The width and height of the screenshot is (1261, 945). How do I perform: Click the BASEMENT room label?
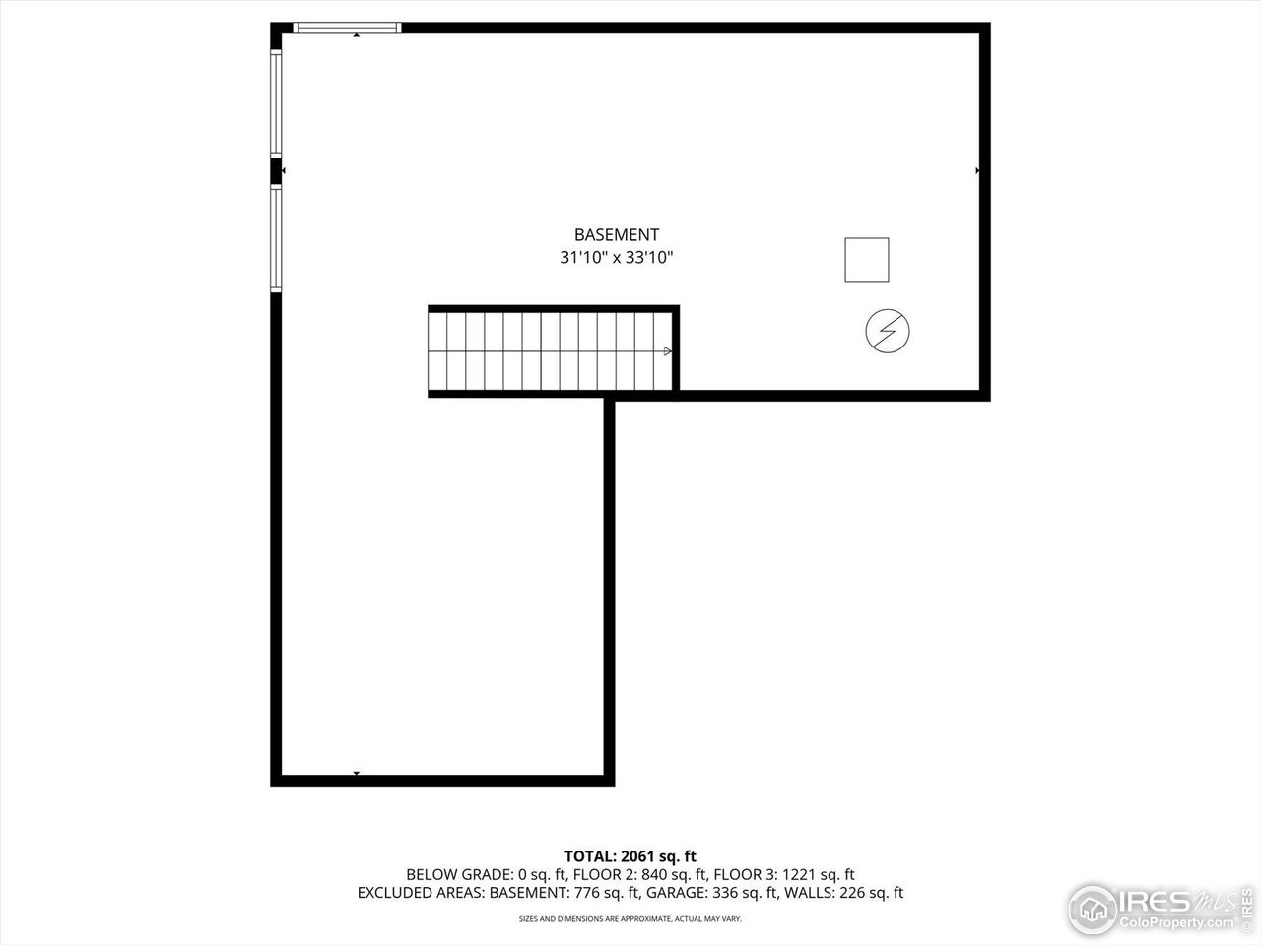pyautogui.click(x=617, y=234)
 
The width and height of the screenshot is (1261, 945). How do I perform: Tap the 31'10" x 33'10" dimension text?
pyautogui.click(x=617, y=257)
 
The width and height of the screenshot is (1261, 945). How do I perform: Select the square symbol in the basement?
pyautogui.click(x=866, y=260)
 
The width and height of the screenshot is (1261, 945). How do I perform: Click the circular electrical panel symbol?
pyautogui.click(x=888, y=331)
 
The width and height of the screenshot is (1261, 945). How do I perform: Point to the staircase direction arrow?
pyautogui.click(x=668, y=351)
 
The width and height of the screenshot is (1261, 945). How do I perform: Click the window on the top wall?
pyautogui.click(x=347, y=28)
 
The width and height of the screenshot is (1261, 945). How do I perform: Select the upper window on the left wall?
pyautogui.click(x=276, y=103)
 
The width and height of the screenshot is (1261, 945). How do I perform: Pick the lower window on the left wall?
pyautogui.click(x=276, y=238)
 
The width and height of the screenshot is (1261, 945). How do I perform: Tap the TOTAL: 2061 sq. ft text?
pyautogui.click(x=630, y=856)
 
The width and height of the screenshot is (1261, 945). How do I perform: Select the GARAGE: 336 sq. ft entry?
pyautogui.click(x=712, y=893)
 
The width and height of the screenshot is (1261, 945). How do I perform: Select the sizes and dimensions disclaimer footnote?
pyautogui.click(x=630, y=919)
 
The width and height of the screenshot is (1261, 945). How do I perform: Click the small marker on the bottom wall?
pyautogui.click(x=357, y=774)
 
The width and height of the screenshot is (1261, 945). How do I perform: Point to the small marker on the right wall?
pyautogui.click(x=977, y=171)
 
